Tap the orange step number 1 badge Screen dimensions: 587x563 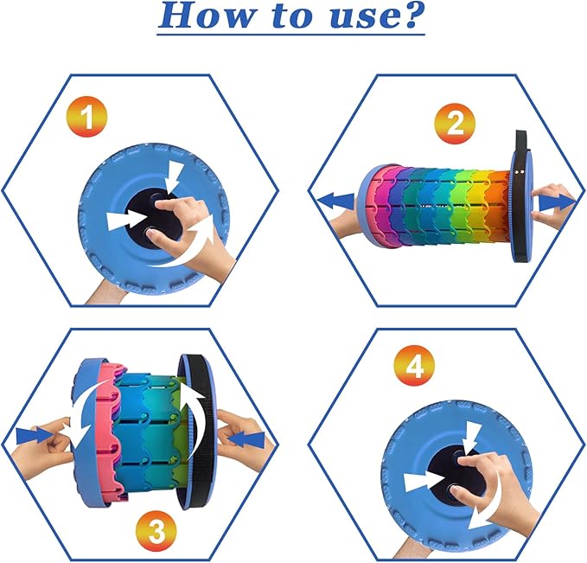(87, 118)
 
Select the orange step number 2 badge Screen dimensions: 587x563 (455, 124)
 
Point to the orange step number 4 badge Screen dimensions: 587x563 (414, 366)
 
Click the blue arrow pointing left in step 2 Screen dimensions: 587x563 (335, 202)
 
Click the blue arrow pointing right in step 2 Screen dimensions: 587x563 (557, 203)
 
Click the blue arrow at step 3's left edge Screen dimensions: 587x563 (35, 437)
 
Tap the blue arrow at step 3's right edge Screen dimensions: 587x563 (246, 439)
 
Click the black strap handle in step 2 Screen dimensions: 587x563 (520, 196)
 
